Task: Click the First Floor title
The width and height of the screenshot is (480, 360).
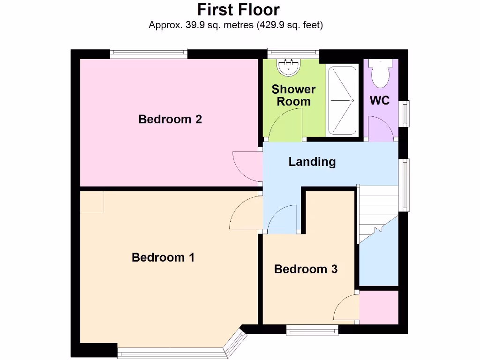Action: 238,10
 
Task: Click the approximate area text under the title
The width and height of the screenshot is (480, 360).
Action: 236,25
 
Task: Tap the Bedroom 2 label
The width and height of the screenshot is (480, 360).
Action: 170,119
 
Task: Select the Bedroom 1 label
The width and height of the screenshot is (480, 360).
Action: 163,257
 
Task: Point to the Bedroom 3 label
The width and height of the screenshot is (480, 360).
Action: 306,269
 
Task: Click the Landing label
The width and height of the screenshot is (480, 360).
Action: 312,162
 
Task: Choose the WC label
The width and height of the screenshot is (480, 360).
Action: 380,100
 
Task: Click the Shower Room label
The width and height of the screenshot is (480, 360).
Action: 293,95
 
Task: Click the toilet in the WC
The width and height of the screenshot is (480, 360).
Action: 378,73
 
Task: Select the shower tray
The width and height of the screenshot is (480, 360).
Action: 342,100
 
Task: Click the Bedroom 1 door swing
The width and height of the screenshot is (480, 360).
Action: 246,214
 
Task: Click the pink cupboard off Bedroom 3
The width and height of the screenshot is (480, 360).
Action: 378,307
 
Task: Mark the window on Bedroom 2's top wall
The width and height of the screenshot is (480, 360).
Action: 149,54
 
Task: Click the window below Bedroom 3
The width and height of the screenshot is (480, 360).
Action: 312,331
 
